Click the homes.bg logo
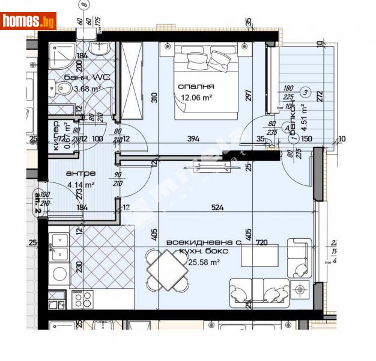tap(28, 21)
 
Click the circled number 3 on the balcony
tap(306, 92)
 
